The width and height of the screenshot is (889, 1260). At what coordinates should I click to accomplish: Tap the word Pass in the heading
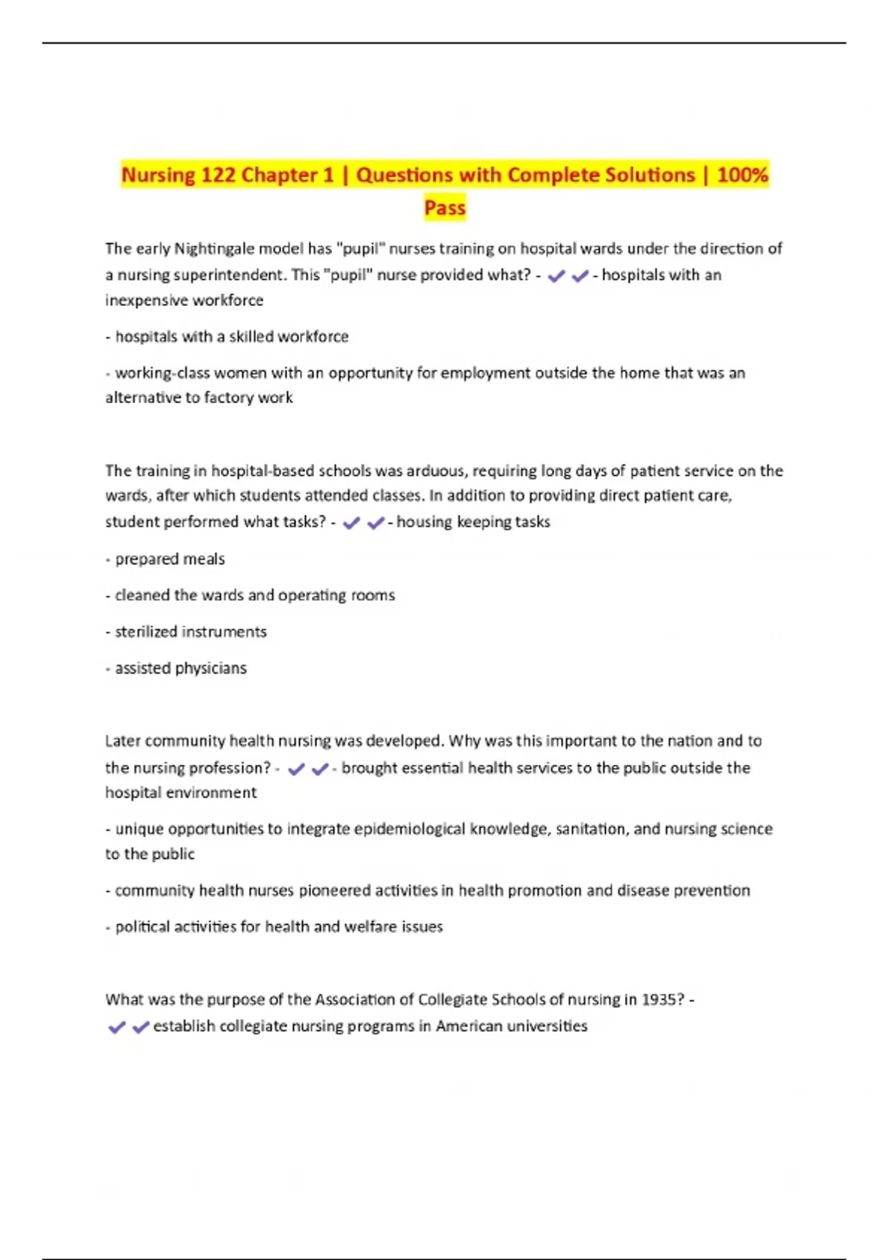[x=444, y=208]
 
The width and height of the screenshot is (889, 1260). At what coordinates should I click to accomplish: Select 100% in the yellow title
[x=743, y=175]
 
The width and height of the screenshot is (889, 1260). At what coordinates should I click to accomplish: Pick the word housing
[x=424, y=522]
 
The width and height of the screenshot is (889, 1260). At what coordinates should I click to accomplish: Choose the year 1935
[x=662, y=1000]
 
